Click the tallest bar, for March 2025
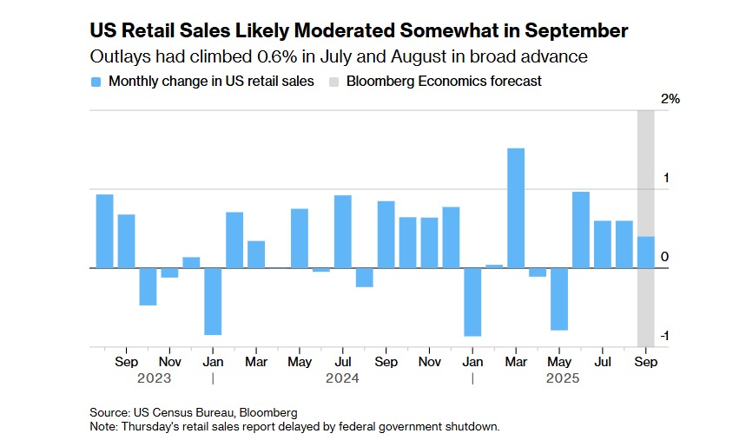click(x=516, y=208)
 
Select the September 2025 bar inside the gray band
click(x=646, y=253)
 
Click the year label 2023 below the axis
click(x=154, y=378)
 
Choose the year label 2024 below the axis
click(x=342, y=378)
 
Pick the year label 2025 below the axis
click(x=562, y=378)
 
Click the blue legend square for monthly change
click(x=96, y=82)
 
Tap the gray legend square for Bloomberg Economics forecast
click(x=333, y=82)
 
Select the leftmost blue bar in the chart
click(x=104, y=231)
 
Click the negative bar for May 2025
click(x=559, y=299)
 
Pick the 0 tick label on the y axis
click(x=664, y=257)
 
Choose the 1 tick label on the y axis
click(x=665, y=178)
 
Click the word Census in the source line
click(x=175, y=411)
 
